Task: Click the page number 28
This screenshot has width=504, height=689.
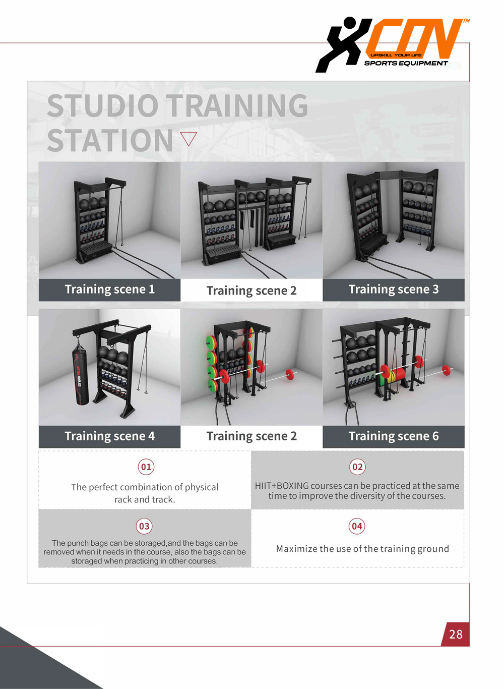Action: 456,634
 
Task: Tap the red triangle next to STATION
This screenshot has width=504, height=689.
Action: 188,139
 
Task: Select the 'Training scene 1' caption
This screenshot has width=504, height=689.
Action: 110,290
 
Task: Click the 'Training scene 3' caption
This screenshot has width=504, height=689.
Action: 393,290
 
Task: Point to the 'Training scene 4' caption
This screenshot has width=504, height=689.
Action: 110,436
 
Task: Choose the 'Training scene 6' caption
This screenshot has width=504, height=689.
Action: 393,436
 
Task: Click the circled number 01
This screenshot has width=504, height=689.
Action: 146,467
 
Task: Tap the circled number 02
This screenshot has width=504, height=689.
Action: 357,467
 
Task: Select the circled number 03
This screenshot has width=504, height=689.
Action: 145,526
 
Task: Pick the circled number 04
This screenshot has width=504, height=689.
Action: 357,526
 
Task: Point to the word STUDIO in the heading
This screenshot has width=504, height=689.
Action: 103,105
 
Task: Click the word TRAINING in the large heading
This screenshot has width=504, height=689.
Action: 237,105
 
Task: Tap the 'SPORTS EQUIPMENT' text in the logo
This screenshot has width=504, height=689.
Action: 406,64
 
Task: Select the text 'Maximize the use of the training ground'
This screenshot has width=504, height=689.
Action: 362,549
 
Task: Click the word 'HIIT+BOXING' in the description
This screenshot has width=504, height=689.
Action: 282,486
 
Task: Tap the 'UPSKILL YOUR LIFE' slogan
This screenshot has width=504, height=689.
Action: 396,55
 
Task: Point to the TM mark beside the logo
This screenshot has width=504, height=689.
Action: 466,21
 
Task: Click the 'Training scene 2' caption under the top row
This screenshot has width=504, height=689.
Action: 251,291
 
